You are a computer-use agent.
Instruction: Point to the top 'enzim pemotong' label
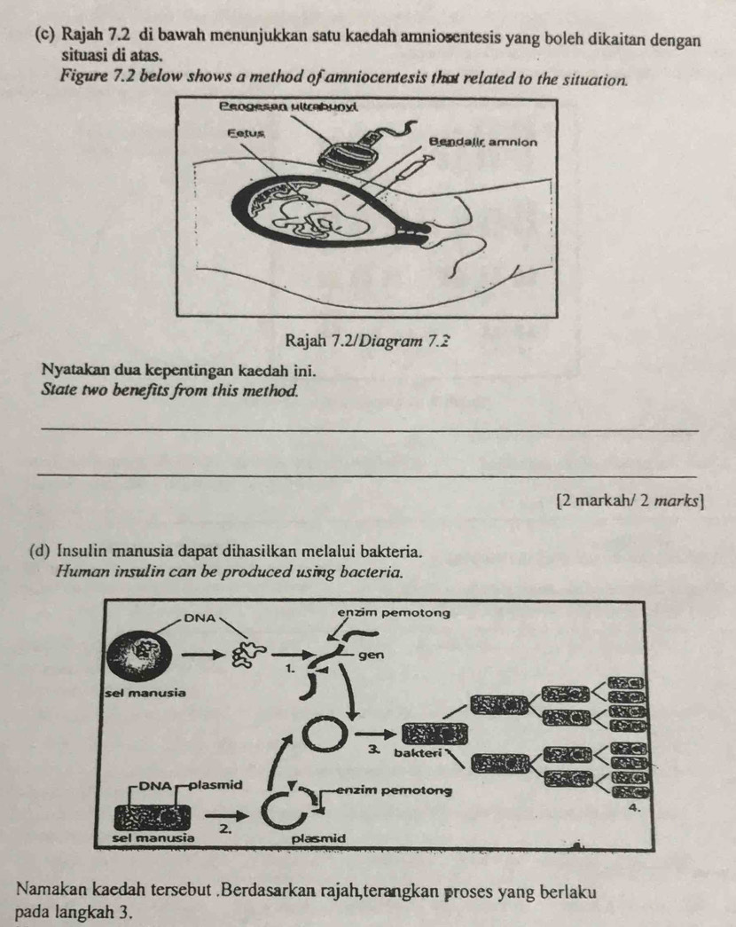(394, 613)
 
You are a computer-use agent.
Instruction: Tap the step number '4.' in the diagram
(633, 808)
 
